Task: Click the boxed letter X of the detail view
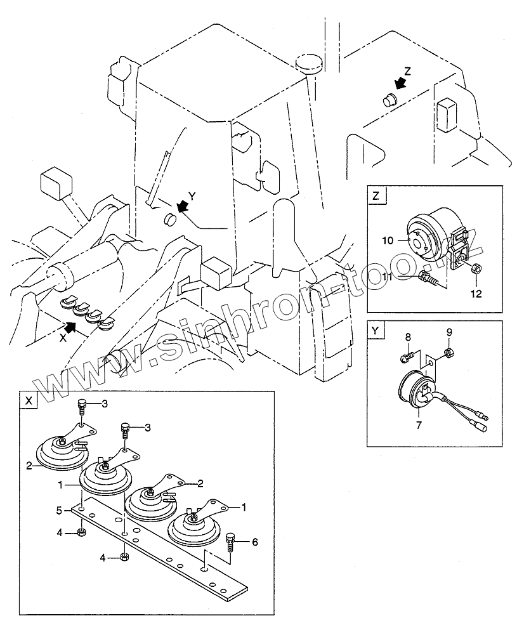click(x=29, y=401)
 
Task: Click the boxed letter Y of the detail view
click(x=376, y=330)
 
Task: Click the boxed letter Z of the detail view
click(x=376, y=195)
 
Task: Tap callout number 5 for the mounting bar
click(x=58, y=509)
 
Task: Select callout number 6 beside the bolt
click(x=255, y=542)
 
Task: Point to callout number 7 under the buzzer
click(x=418, y=425)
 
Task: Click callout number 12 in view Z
click(x=476, y=294)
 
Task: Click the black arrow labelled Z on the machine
click(x=400, y=83)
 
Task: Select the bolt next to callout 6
click(x=230, y=541)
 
